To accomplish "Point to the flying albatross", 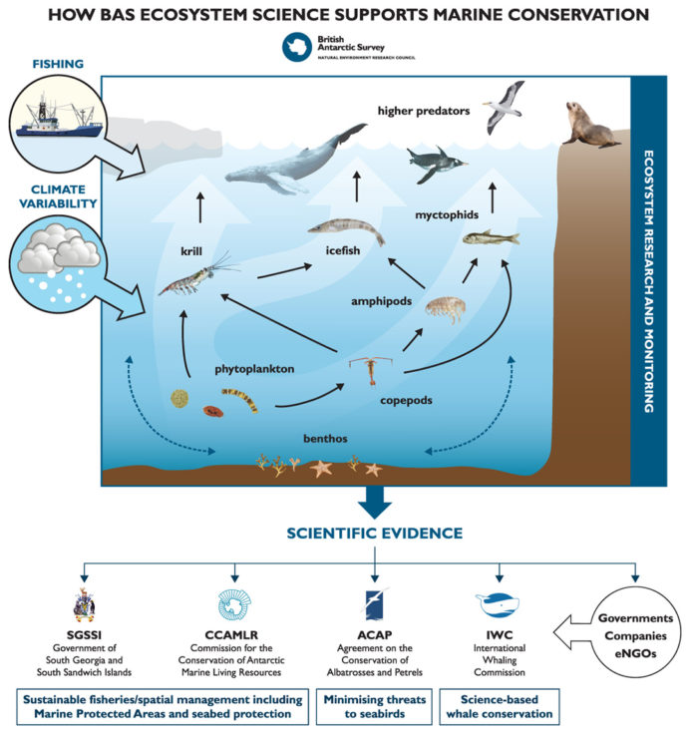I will (x=507, y=108).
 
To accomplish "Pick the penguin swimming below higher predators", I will (x=435, y=160).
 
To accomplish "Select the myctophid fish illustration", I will (x=491, y=238).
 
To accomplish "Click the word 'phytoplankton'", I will (x=255, y=367).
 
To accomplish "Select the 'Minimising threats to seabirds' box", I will (x=375, y=705).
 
